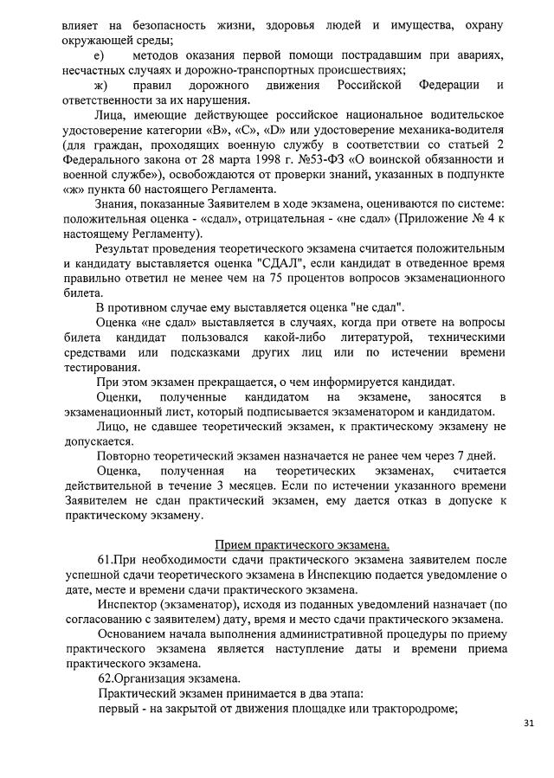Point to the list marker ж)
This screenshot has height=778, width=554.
coord(102,86)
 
